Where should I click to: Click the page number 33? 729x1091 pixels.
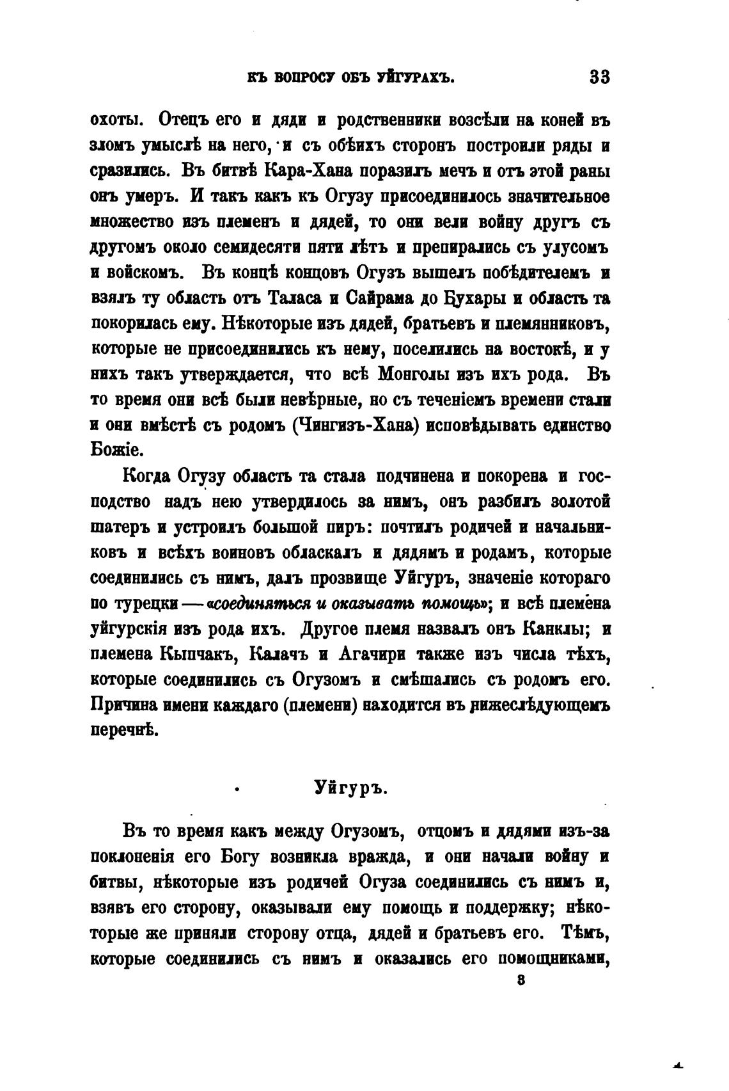(x=600, y=77)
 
